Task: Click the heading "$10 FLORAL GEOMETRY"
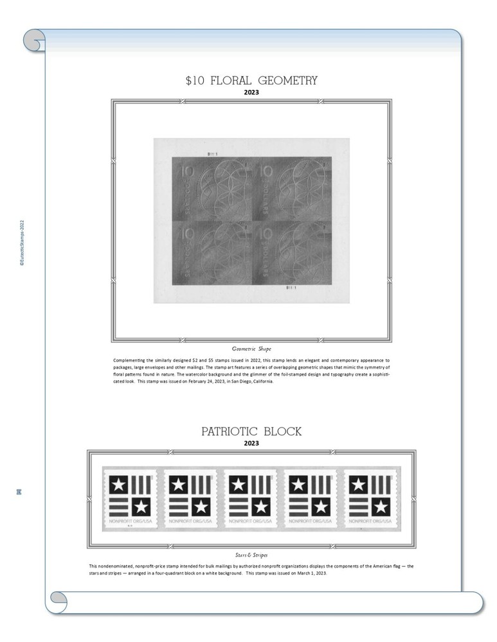tap(251, 81)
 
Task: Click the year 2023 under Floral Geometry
tap(251, 92)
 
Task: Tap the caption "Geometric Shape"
tap(251, 349)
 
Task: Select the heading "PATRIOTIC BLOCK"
tap(251, 431)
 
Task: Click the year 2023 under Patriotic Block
tap(251, 443)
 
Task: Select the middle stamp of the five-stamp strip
tap(251, 499)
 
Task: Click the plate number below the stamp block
tap(293, 287)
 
